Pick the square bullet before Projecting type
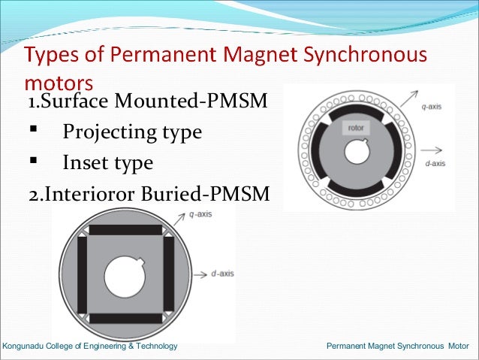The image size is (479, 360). (32, 131)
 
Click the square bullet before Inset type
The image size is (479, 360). (32, 161)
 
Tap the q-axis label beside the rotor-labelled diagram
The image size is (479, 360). (431, 107)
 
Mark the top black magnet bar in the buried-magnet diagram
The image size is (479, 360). (125, 230)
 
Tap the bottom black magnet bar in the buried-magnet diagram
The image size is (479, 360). (125, 318)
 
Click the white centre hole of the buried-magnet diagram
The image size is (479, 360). (125, 274)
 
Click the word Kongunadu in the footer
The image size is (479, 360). (25, 346)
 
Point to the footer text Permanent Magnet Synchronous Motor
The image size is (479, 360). (397, 346)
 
